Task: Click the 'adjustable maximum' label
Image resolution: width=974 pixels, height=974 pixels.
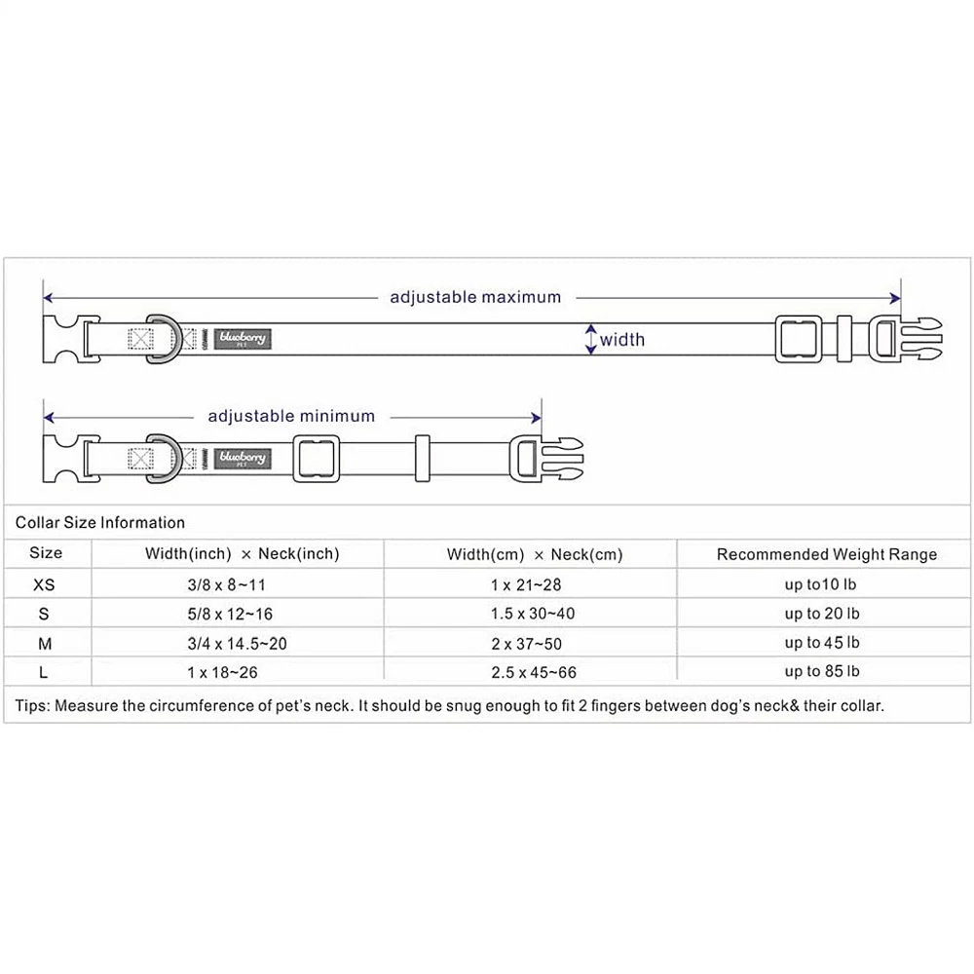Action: pyautogui.click(x=475, y=297)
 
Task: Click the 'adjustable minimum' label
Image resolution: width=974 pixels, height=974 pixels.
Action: pyautogui.click(x=291, y=416)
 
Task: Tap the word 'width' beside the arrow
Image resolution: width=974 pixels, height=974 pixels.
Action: pyautogui.click(x=621, y=340)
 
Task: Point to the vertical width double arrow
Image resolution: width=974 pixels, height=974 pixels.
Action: pyautogui.click(x=590, y=339)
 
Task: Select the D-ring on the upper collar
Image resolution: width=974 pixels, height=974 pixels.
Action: pyautogui.click(x=160, y=339)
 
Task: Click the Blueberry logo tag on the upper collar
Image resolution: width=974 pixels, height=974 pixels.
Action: pyautogui.click(x=242, y=339)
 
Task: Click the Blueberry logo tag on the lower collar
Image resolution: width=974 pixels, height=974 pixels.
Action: pyautogui.click(x=242, y=458)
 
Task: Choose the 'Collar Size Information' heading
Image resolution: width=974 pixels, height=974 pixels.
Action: pyautogui.click(x=99, y=523)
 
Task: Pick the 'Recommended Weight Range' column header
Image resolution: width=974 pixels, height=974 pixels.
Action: pyautogui.click(x=826, y=555)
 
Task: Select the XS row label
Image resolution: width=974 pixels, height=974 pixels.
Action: pyautogui.click(x=45, y=585)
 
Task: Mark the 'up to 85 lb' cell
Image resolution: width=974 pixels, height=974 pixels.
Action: pyautogui.click(x=822, y=672)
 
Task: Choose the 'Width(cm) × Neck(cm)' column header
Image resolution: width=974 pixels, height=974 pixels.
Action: pyautogui.click(x=534, y=555)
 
